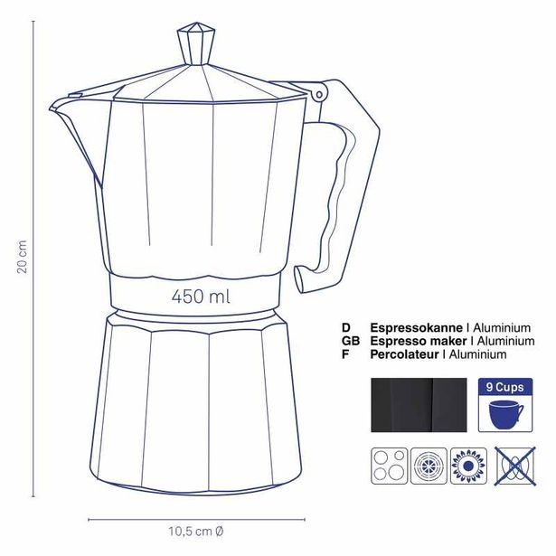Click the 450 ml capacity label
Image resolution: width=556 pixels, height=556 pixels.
coord(201,296)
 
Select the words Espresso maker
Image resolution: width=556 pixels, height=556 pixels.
coord(418,341)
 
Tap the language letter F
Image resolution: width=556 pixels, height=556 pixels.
coord(345,354)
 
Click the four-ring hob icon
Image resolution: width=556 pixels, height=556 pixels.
coord(388,466)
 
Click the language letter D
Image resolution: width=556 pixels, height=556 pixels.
coord(345,327)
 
